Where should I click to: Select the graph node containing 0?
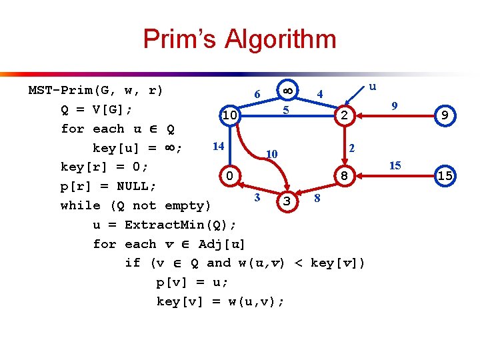click(229, 176)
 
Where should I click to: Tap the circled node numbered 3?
click(286, 200)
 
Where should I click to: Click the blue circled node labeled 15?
click(444, 176)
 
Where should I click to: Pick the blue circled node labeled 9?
click(444, 116)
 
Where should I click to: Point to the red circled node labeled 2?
click(343, 116)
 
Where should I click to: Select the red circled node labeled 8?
click(343, 176)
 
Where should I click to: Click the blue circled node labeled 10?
click(229, 117)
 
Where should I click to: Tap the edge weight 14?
click(217, 145)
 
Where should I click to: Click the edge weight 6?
click(257, 94)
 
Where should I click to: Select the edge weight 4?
click(320, 94)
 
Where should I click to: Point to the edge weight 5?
click(285, 109)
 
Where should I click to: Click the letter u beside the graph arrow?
click(373, 86)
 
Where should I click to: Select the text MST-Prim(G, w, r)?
click(95, 90)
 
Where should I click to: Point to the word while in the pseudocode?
click(80, 205)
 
